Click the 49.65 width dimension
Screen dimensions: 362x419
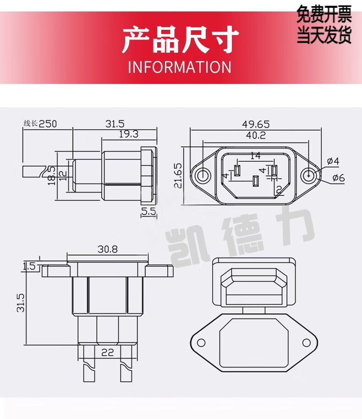[x=256, y=124]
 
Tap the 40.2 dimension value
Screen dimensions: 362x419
[x=256, y=135]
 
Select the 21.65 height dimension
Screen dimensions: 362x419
[x=178, y=176]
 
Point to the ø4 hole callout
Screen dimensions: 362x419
[x=333, y=161]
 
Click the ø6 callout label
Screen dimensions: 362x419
[x=339, y=178]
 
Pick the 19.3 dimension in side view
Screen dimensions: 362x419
[x=128, y=134]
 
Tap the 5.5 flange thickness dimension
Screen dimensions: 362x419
[x=148, y=211]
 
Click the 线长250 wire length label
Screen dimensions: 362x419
[x=40, y=124]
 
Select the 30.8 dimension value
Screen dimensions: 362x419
[x=107, y=249]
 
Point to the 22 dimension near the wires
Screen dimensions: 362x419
[x=107, y=353]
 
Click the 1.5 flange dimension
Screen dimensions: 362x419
[x=29, y=266]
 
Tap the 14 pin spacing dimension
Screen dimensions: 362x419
[x=255, y=155]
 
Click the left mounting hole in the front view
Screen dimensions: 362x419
[x=203, y=176]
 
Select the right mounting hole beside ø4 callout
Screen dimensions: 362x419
[x=308, y=176]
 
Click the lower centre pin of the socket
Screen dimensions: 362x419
[x=255, y=182]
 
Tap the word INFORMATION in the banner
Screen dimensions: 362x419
[x=180, y=67]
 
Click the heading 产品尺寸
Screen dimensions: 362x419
[x=181, y=39]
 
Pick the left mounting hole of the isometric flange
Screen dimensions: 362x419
[x=201, y=342]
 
